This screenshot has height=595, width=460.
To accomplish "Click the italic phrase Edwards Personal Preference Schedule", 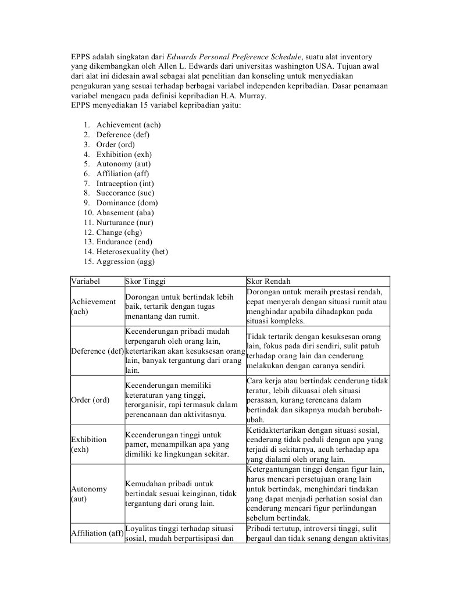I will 234,56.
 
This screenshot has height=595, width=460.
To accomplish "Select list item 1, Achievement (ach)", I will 129,125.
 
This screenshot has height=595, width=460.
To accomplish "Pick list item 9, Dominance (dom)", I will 127,203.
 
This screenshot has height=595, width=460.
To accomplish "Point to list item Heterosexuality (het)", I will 132,252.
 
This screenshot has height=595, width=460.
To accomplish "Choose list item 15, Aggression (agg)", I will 125,262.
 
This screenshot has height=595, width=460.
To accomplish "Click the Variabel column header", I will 85,280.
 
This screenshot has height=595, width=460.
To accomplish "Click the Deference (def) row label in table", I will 97,351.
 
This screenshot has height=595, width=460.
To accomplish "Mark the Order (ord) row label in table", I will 90,400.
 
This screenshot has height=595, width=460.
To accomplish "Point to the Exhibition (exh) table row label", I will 89,444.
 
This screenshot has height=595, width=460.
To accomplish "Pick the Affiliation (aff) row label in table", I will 97,533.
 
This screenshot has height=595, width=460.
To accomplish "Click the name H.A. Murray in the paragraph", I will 244,96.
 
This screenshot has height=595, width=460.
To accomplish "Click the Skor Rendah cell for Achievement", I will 317,306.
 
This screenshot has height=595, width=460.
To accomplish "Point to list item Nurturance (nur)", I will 127,223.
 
